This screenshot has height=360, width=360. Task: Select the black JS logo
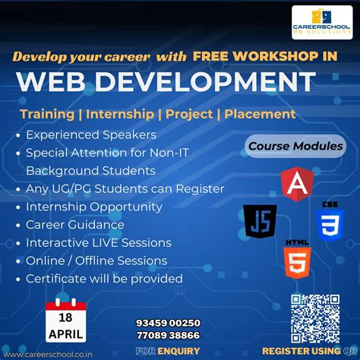[260, 221]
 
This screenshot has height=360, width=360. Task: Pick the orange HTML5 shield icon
[297, 258]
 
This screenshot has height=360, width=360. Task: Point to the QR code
[315, 318]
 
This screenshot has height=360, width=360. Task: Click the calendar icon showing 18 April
[66, 320]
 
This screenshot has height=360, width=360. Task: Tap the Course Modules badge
[295, 146]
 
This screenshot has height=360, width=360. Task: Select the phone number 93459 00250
[168, 323]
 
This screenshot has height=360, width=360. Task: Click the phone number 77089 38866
[168, 335]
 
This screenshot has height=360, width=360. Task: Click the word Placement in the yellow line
[260, 114]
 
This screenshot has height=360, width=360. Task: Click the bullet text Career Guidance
[74, 225]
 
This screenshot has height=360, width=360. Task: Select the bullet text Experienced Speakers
[91, 134]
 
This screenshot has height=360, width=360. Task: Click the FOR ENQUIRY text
[168, 352]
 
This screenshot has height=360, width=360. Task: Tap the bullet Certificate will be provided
[104, 279]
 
